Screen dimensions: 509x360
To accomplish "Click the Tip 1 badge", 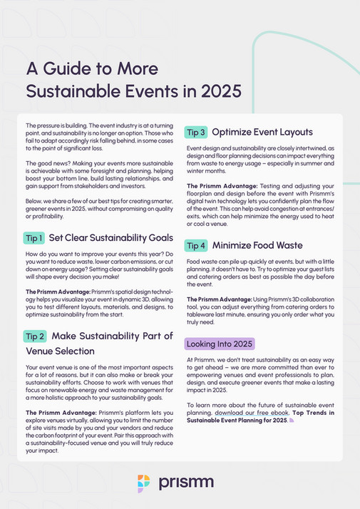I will pos(36,237).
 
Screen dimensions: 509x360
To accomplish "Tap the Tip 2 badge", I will pos(36,336).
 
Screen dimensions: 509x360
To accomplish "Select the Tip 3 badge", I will pos(195,132).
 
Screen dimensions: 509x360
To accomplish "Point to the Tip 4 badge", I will pos(195,245).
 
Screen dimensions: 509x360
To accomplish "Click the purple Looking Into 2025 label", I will pos(220,343).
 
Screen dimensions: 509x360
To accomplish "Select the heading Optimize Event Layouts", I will pos(262,132).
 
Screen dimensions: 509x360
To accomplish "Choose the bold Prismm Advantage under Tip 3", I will pos(215,186).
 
